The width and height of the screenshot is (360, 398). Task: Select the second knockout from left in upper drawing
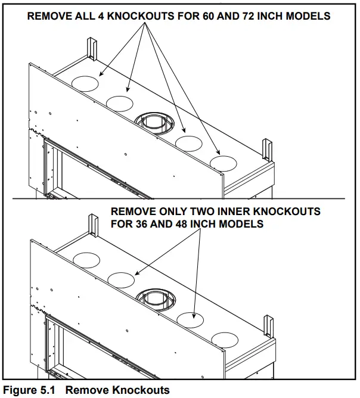(x=120, y=102)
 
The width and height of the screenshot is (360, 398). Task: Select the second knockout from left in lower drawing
(x=121, y=279)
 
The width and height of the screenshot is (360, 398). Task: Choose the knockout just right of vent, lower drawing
(x=191, y=319)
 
